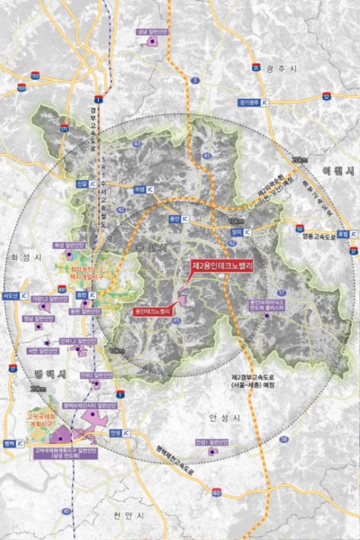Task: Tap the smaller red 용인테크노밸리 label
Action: point(153,311)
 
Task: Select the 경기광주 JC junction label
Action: point(253,103)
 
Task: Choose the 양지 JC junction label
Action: point(240,230)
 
